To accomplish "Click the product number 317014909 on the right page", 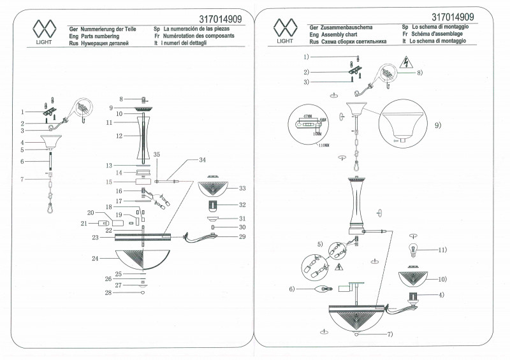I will tap(453, 17).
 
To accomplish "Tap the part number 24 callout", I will tap(95, 259).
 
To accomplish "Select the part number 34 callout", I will tap(203, 159).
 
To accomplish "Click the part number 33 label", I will tap(242, 189).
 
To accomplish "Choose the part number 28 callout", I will tap(108, 293).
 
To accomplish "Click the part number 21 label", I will tap(82, 223).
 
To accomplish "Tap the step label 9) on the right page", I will tap(438, 126).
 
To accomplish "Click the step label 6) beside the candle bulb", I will tap(291, 289).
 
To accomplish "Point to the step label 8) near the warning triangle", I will tap(419, 73).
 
